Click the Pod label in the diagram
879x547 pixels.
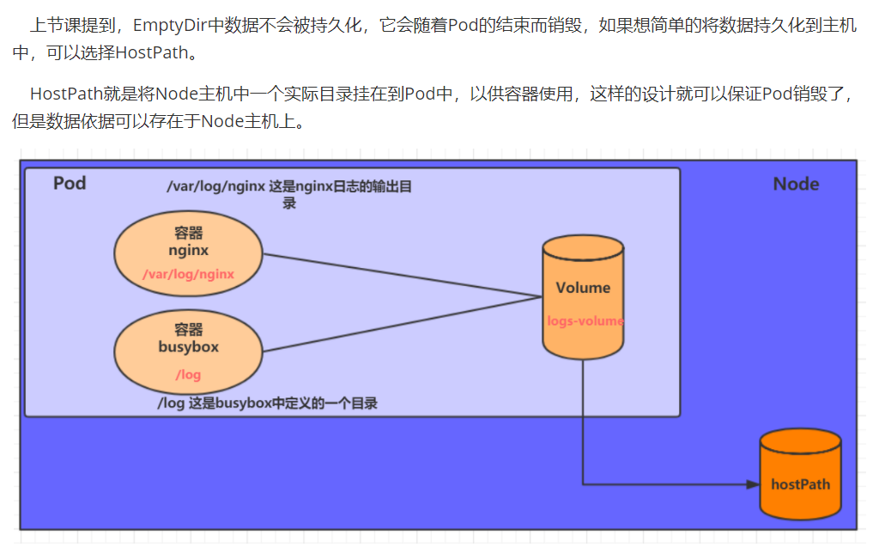click(70, 183)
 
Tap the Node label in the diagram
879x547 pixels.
click(796, 184)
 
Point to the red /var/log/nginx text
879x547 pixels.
click(188, 274)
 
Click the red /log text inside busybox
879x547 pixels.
click(188, 374)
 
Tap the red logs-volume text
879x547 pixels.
click(585, 321)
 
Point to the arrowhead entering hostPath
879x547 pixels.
click(753, 484)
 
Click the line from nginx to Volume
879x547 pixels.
click(403, 276)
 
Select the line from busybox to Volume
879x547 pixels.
click(403, 324)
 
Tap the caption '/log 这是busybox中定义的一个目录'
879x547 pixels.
click(267, 403)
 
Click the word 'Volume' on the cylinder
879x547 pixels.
click(583, 288)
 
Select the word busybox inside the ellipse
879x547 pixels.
click(188, 347)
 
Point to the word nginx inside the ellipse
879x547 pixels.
click(188, 250)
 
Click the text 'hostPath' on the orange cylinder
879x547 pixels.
click(800, 483)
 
